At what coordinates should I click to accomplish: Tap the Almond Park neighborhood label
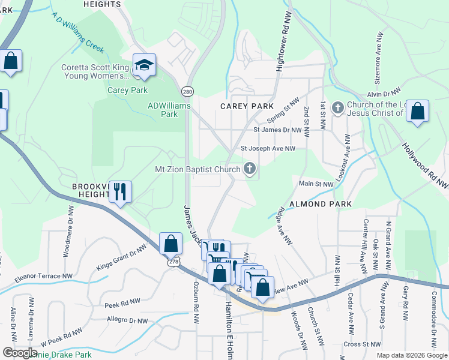(321, 204)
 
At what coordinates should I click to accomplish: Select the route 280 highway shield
(188, 91)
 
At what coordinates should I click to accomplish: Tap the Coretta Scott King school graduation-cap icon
(144, 65)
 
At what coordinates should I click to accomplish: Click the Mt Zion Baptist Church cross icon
(250, 169)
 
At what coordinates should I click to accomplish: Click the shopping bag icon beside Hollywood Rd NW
(417, 112)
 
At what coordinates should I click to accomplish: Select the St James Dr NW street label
(277, 130)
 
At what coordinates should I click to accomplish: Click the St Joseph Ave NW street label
(268, 148)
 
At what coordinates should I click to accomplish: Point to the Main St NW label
(316, 184)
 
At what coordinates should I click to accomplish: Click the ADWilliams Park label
(169, 110)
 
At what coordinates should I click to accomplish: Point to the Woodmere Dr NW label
(68, 232)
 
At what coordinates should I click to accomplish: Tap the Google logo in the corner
(20, 353)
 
